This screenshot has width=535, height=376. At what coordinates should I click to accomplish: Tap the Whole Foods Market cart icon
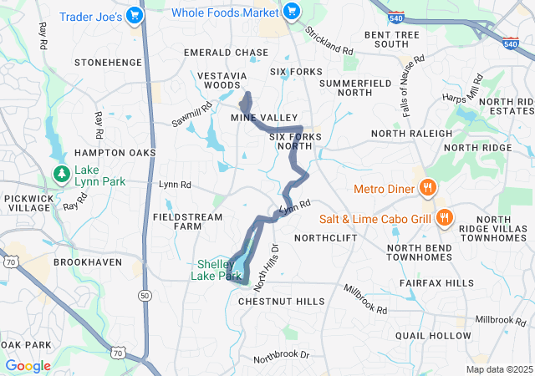point(291,12)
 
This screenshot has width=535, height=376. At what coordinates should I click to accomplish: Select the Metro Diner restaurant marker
point(427,188)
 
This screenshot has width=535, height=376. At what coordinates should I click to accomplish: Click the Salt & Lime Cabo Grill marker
point(444,219)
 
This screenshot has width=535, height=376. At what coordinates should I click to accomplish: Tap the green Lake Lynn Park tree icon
point(61,174)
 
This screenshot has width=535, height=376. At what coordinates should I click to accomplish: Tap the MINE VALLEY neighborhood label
point(264,118)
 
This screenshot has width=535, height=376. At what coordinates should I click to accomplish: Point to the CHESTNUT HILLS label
point(282,301)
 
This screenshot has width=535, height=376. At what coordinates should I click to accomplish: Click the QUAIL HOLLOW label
point(433,335)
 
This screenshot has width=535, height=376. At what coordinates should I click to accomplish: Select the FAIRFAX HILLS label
point(436,284)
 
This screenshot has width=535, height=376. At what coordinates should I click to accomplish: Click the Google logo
point(28,366)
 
